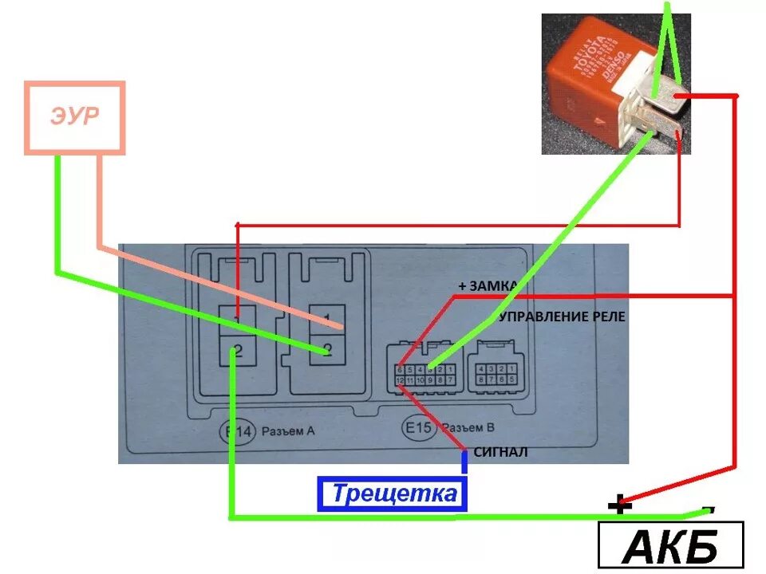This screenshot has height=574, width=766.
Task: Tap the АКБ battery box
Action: tap(670, 546)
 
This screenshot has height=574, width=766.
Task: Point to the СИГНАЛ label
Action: tap(500, 452)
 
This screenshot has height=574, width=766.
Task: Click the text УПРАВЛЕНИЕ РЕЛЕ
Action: tap(562, 316)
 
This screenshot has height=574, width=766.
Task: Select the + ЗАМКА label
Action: tap(488, 285)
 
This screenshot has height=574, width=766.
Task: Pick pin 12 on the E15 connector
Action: tap(400, 382)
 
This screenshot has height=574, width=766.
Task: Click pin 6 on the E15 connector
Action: tap(400, 370)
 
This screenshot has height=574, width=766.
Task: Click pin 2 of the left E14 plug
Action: tap(237, 348)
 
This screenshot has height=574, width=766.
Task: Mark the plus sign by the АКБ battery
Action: tap(618, 504)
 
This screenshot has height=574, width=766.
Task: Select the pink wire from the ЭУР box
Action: tap(99, 199)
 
